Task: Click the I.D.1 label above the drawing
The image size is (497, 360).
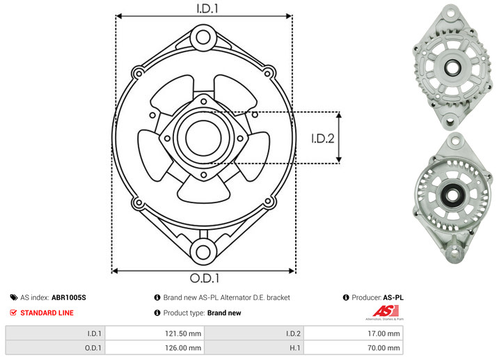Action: point(207,8)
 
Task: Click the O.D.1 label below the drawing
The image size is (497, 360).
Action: point(205,278)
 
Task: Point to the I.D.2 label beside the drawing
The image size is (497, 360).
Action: point(323,139)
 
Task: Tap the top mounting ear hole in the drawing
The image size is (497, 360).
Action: point(203,38)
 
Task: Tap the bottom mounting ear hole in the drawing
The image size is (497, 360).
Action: point(203,252)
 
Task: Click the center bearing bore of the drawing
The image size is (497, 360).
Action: point(203,138)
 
